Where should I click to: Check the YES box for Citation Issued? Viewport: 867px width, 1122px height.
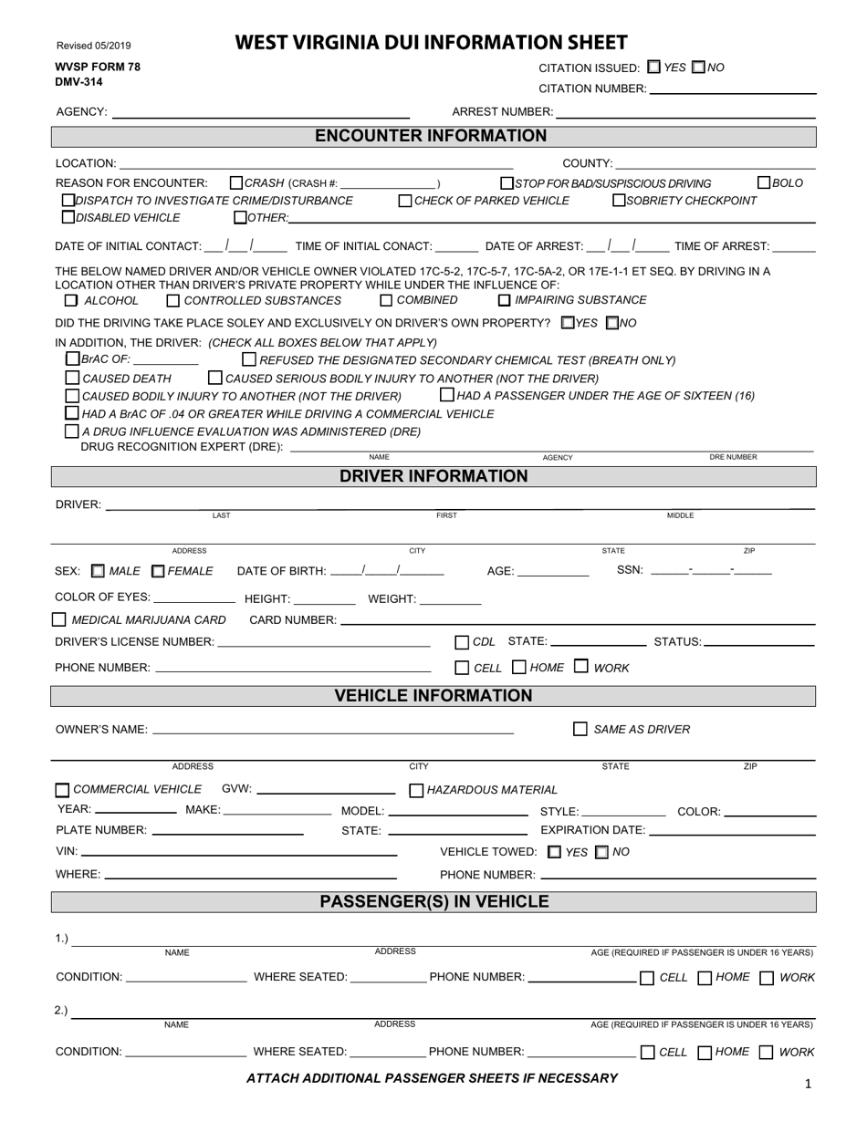pos(653,67)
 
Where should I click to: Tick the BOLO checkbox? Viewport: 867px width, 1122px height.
pos(765,182)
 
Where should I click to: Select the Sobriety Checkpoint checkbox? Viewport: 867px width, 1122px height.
pos(619,200)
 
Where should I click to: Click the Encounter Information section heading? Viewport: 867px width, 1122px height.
pos(432,136)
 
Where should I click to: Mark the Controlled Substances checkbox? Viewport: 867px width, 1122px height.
pos(173,300)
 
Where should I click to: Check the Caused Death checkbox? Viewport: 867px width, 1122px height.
pos(72,378)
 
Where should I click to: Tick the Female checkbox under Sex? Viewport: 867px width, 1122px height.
pos(158,571)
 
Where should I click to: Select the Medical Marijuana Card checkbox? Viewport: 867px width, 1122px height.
pos(59,619)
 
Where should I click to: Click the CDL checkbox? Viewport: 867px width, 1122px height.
pos(462,642)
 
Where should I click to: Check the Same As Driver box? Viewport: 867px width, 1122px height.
pos(580,729)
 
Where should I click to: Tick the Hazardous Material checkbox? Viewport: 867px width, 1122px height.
pos(416,790)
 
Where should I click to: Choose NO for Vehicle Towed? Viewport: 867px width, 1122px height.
pos(601,852)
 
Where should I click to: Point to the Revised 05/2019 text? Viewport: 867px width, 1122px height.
pos(93,46)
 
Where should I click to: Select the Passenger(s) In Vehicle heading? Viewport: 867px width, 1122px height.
pos(433,902)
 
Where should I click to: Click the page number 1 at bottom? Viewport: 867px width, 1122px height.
pos(808,1084)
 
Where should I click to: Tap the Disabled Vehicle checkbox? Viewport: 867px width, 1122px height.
pos(68,217)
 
